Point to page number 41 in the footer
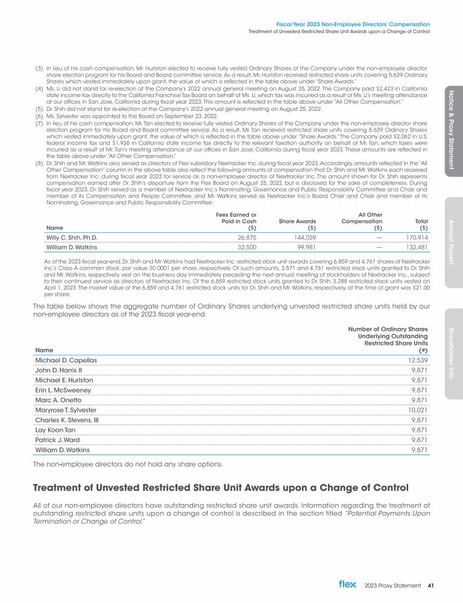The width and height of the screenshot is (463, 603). tap(430, 584)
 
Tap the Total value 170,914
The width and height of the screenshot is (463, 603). tap(416, 238)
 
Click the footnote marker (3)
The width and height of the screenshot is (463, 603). tap(39, 69)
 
